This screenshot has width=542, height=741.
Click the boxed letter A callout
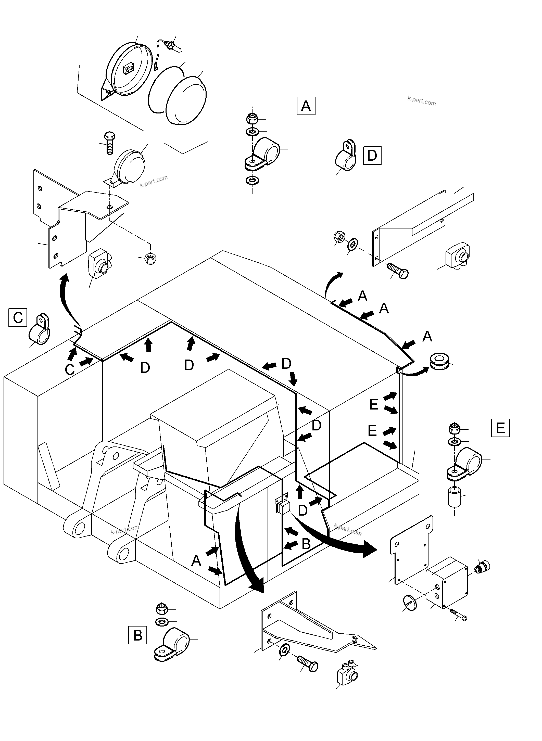tap(306, 106)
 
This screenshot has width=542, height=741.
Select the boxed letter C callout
tap(18, 317)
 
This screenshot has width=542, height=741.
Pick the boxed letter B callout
tap(137, 635)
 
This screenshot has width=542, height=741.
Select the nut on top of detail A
tap(252, 118)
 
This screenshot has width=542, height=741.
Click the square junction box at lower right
tap(447, 583)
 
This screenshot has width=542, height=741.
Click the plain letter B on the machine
tap(306, 544)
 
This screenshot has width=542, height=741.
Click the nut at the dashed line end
tap(150, 258)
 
